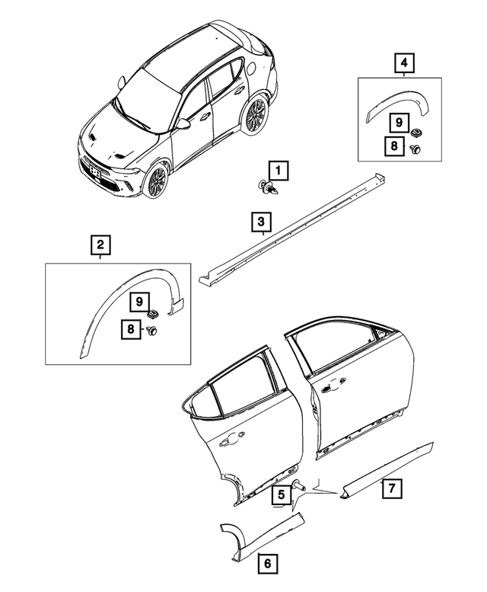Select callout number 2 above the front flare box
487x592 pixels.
pyautogui.click(x=100, y=245)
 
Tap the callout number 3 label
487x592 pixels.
pyautogui.click(x=261, y=222)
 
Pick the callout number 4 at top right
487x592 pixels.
pyautogui.click(x=404, y=62)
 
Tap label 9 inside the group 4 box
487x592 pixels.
pyautogui.click(x=396, y=121)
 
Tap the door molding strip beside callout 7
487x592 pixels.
pyautogui.click(x=388, y=465)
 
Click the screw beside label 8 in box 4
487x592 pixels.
pyautogui.click(x=416, y=149)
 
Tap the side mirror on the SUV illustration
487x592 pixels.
pyautogui.click(x=183, y=123)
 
